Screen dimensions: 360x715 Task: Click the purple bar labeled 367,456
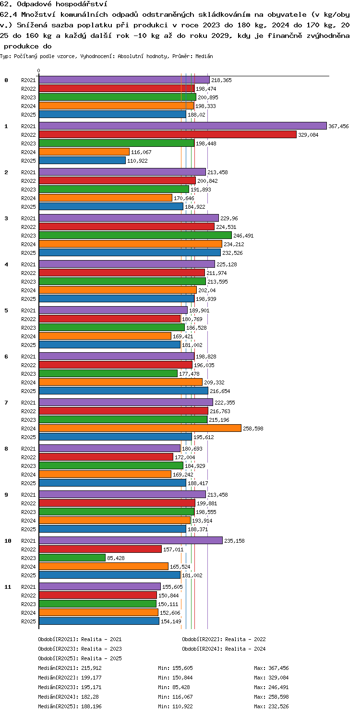click(182, 126)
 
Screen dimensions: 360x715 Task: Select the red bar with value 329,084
click(168, 134)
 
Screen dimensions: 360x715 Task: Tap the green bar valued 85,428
click(72, 558)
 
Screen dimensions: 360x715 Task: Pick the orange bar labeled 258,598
click(140, 428)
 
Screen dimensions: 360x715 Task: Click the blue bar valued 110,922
click(82, 160)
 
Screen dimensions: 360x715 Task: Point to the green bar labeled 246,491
click(135, 235)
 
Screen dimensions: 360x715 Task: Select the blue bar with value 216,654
click(123, 391)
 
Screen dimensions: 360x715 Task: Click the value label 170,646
click(184, 198)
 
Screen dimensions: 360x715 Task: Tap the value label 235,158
click(234, 541)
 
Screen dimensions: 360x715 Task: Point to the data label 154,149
click(171, 621)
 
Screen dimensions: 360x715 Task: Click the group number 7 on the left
click(6, 403)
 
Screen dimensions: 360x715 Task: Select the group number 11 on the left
click(8, 587)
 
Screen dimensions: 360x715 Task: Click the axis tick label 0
click(38, 71)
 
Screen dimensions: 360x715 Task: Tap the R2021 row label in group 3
click(28, 218)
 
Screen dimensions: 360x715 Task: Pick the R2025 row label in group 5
click(28, 345)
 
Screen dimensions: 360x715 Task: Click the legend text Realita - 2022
click(245, 639)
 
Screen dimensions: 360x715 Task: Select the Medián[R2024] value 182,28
click(90, 696)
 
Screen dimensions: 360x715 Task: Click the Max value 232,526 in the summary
click(278, 706)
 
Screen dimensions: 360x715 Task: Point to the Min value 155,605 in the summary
click(182, 668)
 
